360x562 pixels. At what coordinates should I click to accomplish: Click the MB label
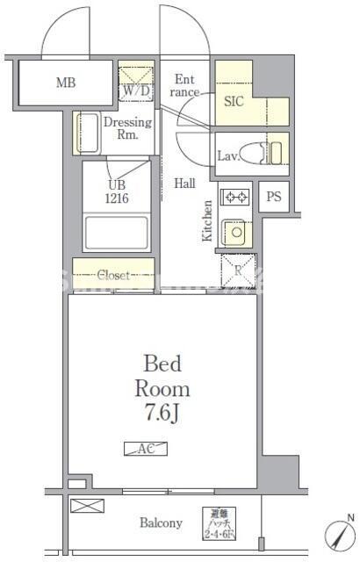[66, 84]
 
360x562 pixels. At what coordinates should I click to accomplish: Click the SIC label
[234, 101]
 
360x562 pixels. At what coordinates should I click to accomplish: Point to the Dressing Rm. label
[128, 129]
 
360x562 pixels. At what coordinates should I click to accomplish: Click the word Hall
[184, 184]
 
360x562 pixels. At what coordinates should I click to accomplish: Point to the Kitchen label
[207, 220]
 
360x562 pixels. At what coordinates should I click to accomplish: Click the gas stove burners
[234, 198]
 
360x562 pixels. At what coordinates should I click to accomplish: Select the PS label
[274, 198]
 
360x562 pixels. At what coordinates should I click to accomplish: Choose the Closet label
[113, 275]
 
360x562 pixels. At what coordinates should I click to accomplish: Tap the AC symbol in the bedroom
[146, 448]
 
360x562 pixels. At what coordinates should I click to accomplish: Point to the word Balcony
[162, 523]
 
